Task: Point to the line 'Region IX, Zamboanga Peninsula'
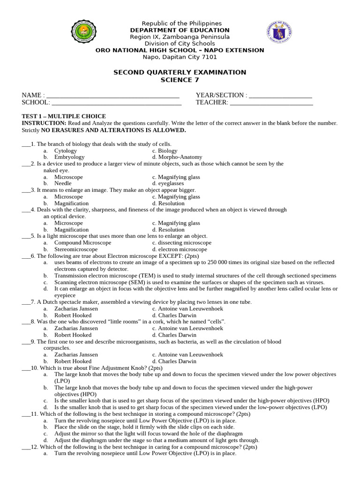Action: point(180,37)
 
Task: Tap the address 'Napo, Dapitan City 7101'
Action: point(180,57)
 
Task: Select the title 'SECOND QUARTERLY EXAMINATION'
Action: point(180,72)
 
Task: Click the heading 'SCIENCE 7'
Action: point(180,80)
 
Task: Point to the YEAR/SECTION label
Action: point(221,96)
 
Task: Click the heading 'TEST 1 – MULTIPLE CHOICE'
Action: point(64,116)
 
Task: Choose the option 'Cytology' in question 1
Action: point(66,151)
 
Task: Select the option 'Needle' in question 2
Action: point(63,184)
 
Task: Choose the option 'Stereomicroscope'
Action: point(76,249)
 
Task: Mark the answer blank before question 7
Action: point(26,302)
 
